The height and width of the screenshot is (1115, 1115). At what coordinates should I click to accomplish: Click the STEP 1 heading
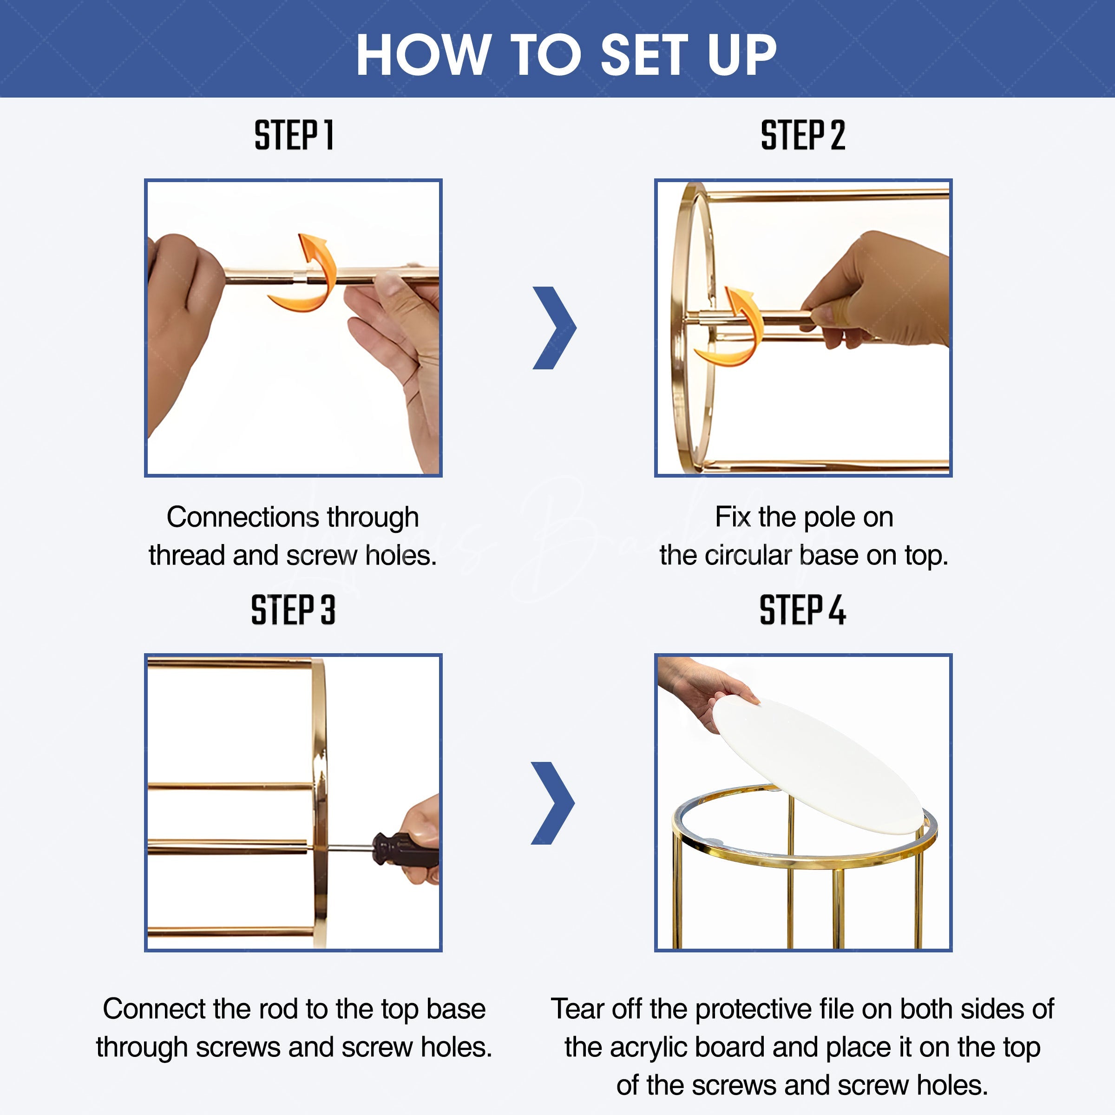pos(294,135)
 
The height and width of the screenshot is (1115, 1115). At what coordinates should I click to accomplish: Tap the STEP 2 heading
pos(803,135)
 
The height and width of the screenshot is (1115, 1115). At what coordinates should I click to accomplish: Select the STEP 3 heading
pos(293,610)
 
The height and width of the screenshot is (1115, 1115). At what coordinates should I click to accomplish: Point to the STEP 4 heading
pos(802,610)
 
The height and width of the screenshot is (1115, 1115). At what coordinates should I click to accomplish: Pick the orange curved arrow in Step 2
pos(728,326)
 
